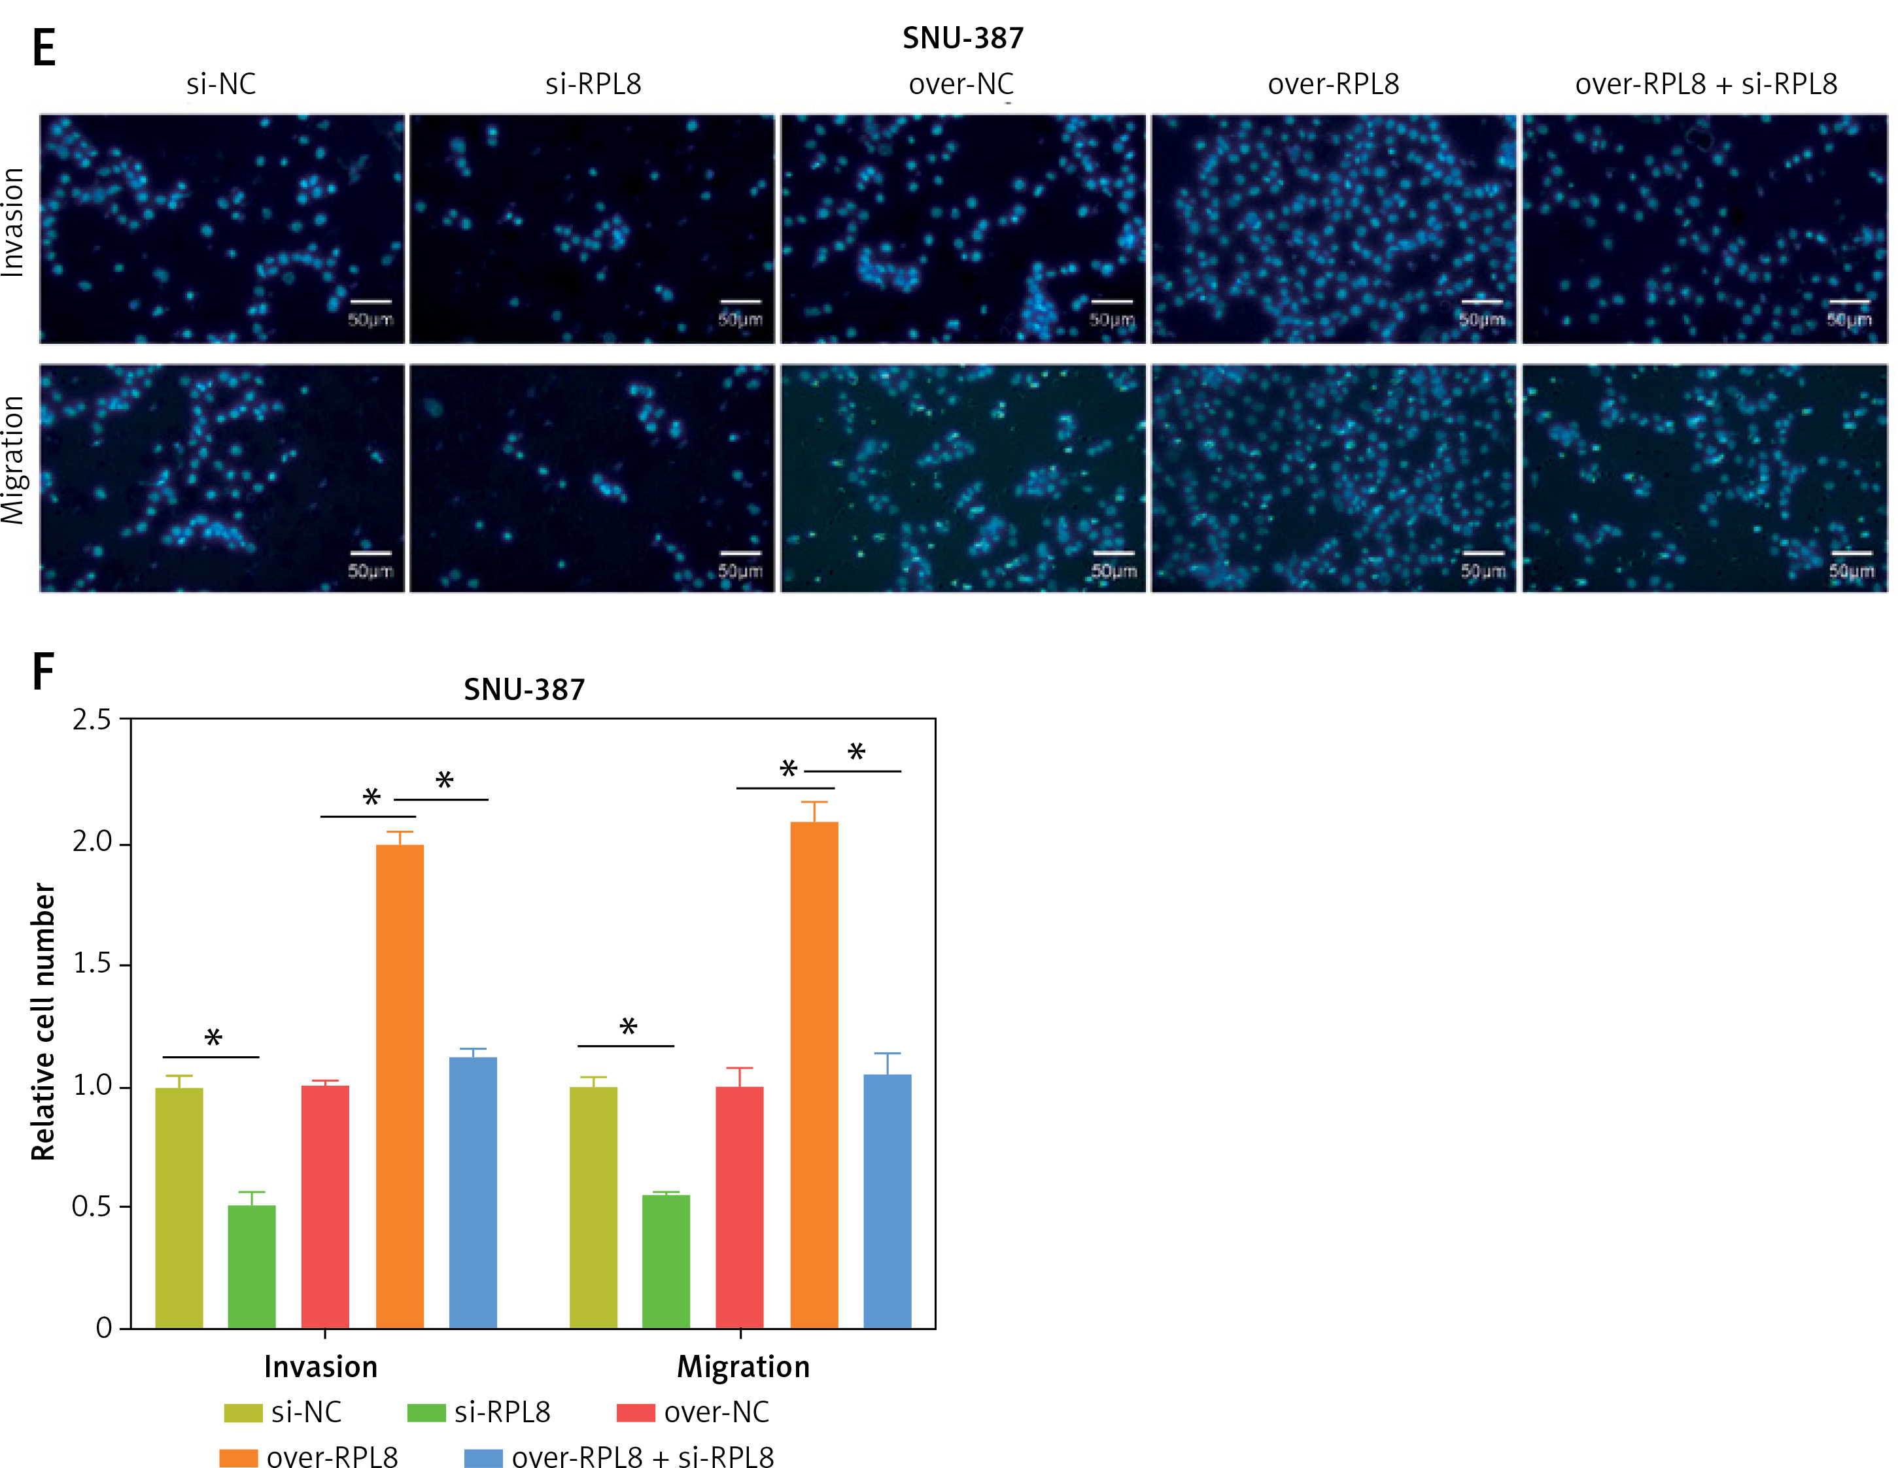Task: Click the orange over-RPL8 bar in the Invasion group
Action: [400, 1086]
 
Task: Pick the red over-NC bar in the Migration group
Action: [740, 1207]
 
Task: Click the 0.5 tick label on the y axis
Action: [92, 1207]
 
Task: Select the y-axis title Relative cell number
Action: [43, 1022]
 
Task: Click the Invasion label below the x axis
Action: [320, 1367]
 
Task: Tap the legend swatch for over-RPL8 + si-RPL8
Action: [483, 1457]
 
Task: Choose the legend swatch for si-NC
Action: [243, 1412]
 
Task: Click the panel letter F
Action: [43, 671]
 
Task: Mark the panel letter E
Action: [43, 48]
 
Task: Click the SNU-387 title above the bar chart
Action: [524, 690]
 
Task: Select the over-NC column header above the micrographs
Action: [961, 84]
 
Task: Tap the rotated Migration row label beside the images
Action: [14, 460]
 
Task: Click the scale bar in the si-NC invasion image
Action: [370, 301]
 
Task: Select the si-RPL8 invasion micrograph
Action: [592, 229]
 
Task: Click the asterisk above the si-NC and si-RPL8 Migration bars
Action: [629, 1027]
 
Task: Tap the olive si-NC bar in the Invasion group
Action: [179, 1207]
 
